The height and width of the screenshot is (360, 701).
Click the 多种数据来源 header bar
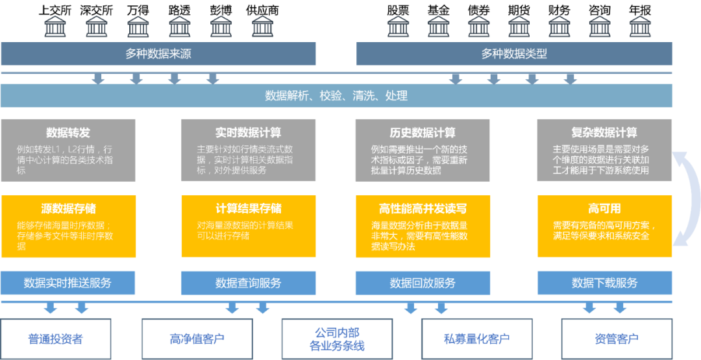point(158,54)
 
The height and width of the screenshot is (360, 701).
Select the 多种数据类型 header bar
point(514,54)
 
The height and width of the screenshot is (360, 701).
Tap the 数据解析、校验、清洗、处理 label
point(336,96)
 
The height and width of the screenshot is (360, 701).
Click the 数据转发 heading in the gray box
point(68,133)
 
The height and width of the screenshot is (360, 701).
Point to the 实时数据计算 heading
point(248,133)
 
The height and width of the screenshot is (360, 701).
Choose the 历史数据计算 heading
point(423,133)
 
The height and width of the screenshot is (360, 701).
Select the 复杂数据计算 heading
point(604,133)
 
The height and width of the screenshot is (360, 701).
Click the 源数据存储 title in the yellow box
point(68,209)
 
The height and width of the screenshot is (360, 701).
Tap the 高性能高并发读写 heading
point(423,209)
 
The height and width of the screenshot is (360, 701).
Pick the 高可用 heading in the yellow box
point(604,209)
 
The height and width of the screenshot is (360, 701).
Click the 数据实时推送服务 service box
point(68,283)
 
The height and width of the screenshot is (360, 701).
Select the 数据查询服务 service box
point(248,283)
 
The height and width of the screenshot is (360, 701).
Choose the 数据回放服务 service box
point(423,283)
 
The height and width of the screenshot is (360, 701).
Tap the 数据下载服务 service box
point(604,283)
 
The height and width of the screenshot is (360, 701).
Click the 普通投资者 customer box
point(56,339)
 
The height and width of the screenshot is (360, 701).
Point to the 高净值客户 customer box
point(197,339)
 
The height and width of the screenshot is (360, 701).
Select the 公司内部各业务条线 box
point(336,339)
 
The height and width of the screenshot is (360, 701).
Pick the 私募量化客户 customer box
point(476,339)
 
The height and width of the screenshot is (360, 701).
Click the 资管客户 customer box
point(617,339)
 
